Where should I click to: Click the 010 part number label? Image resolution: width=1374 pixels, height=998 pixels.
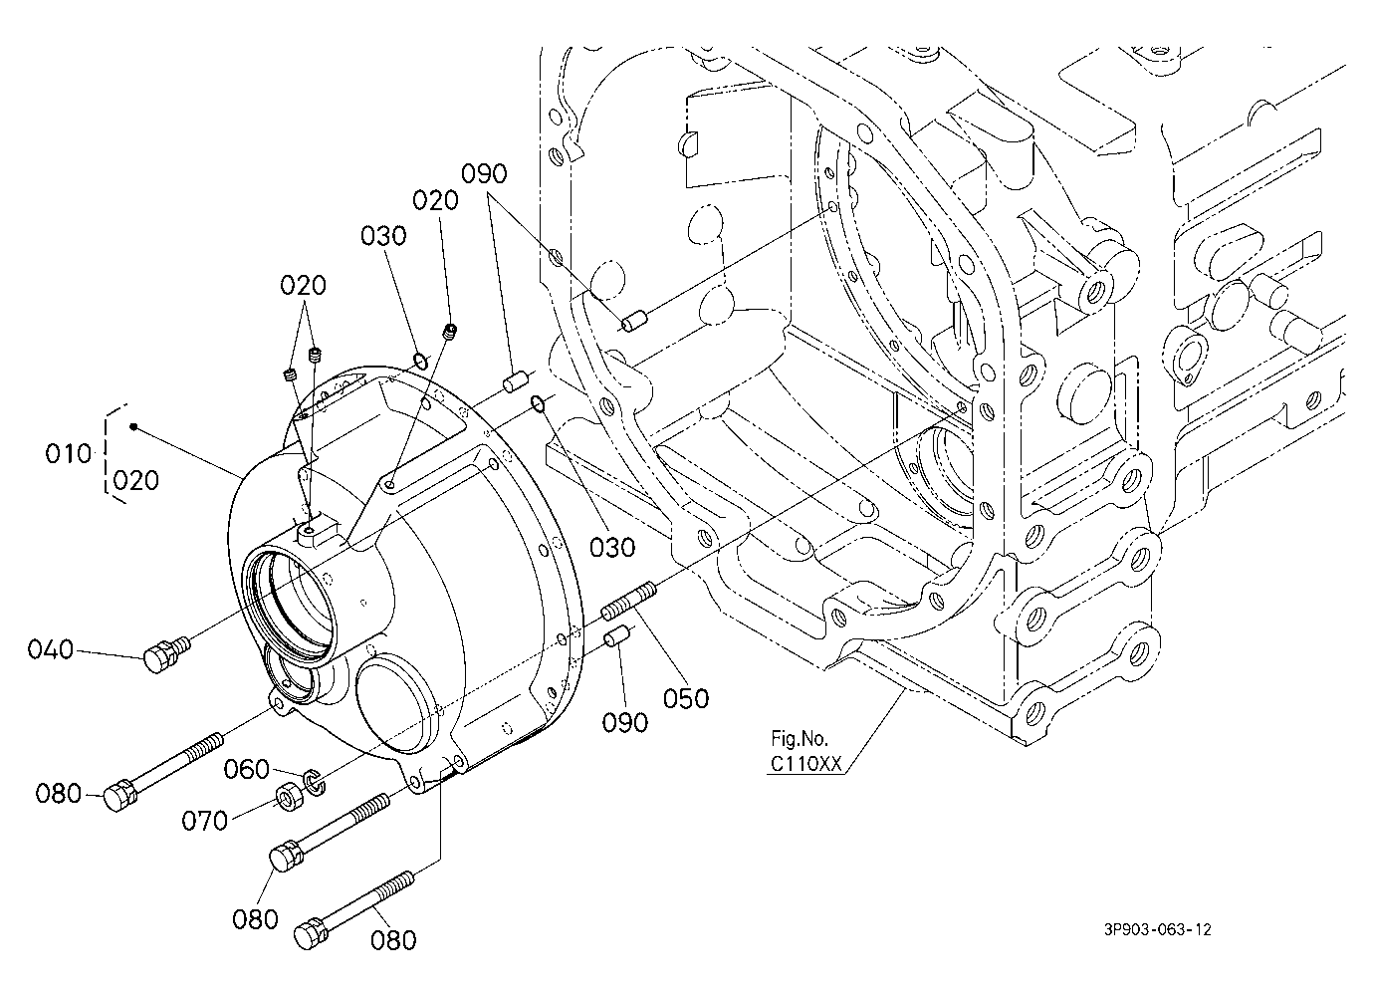[68, 454]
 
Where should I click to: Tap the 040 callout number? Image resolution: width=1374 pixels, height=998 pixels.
[51, 649]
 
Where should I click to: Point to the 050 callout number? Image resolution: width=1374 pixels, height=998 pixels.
[686, 698]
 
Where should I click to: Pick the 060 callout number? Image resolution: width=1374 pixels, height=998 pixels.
[247, 769]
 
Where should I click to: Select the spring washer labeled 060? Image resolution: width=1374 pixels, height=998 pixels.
[315, 780]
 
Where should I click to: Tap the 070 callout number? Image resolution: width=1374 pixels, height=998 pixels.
[204, 821]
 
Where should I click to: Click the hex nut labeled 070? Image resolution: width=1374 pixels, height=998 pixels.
[288, 798]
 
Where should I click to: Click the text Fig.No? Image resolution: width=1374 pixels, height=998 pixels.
[799, 738]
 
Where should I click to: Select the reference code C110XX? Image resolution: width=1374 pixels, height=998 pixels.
[806, 764]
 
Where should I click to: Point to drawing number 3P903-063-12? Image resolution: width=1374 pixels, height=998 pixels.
[1158, 929]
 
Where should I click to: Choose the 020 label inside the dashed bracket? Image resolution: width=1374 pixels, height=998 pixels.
[135, 481]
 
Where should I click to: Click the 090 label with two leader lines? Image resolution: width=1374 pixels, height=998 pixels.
[484, 174]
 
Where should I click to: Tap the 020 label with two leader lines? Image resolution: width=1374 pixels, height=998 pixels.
[303, 285]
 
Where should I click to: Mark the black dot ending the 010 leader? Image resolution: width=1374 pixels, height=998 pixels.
[133, 426]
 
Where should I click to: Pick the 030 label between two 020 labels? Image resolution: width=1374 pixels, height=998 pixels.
[383, 236]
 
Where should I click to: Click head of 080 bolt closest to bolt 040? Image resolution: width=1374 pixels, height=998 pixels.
[119, 795]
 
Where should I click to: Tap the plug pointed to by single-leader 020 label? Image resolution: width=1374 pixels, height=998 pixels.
[451, 332]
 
